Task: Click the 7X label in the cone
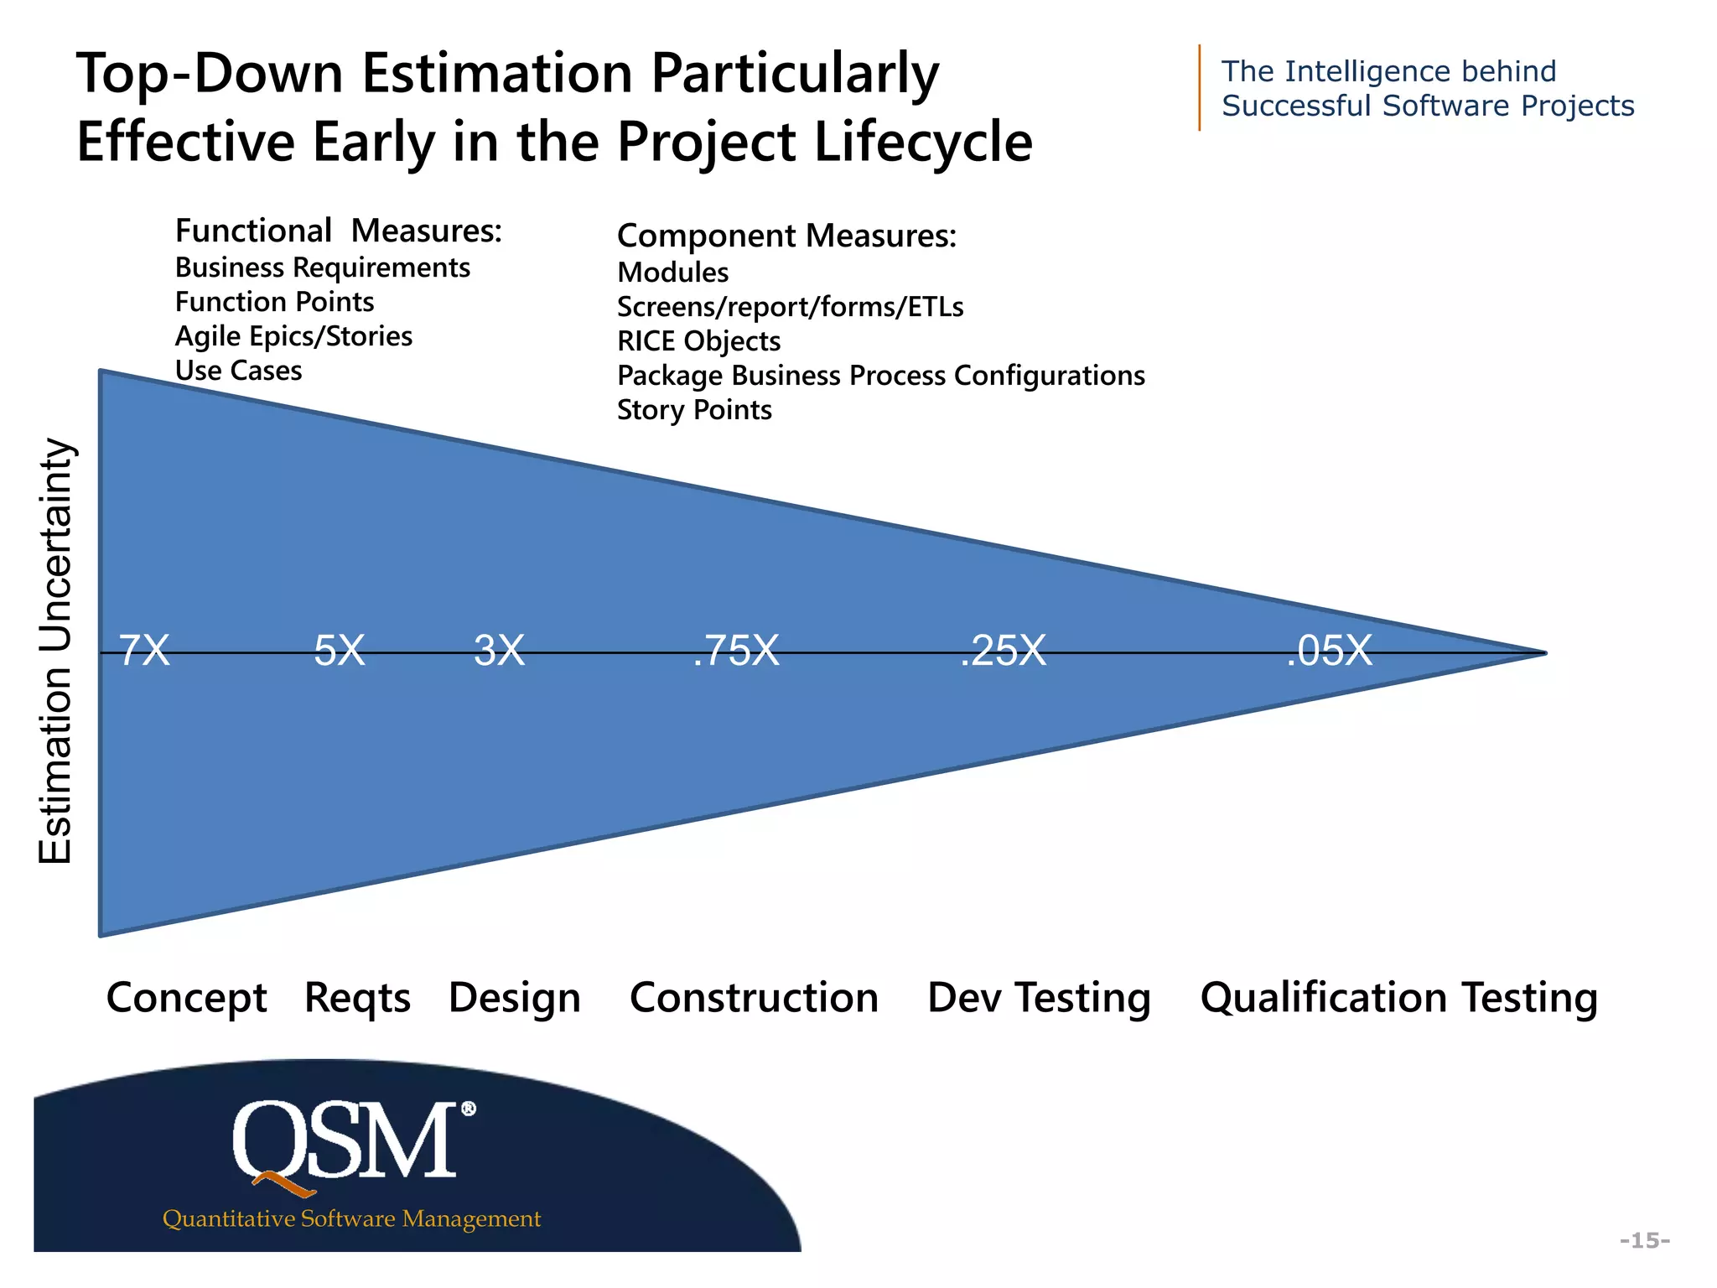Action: click(x=144, y=651)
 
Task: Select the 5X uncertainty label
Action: click(x=340, y=651)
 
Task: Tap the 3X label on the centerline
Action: click(x=499, y=651)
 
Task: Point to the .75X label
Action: click(x=736, y=651)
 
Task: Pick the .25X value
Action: click(x=1004, y=651)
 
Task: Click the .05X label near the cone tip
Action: click(x=1330, y=651)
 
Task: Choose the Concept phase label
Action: click(x=186, y=998)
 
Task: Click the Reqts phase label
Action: click(x=357, y=998)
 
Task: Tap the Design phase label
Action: click(x=514, y=998)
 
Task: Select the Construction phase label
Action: click(x=754, y=998)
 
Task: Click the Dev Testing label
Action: click(x=1039, y=998)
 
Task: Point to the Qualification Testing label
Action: click(x=1398, y=998)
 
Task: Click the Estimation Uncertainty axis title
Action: click(x=57, y=651)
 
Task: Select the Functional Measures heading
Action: click(x=338, y=231)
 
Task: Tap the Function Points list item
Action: click(x=274, y=302)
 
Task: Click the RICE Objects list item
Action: click(x=698, y=341)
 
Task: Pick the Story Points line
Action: click(x=694, y=410)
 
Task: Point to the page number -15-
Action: click(x=1644, y=1240)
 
